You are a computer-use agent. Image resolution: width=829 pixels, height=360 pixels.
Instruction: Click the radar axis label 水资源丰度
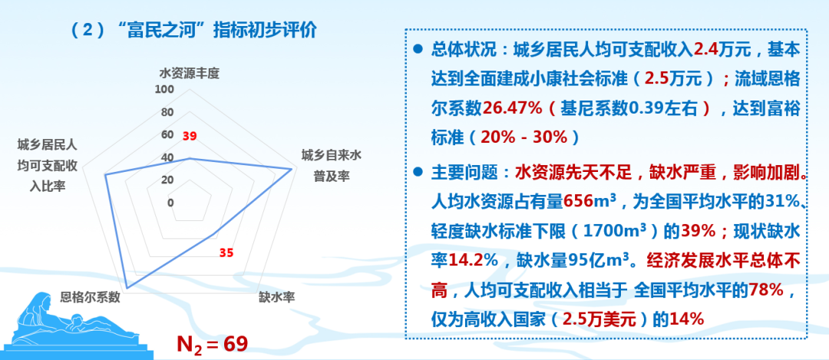[x=190, y=74]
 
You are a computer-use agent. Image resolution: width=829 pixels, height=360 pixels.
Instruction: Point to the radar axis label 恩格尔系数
[x=91, y=296]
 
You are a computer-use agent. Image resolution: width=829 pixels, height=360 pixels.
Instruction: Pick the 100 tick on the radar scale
[x=164, y=90]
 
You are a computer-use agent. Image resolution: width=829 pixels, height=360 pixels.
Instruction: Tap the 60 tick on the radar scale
[x=167, y=135]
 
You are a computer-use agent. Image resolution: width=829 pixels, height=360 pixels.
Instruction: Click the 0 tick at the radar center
[x=170, y=203]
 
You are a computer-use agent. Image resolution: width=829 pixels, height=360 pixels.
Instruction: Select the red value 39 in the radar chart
[x=190, y=137]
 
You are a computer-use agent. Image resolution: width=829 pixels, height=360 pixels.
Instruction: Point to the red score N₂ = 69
[x=213, y=343]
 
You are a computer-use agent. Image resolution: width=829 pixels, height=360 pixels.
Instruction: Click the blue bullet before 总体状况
[x=418, y=48]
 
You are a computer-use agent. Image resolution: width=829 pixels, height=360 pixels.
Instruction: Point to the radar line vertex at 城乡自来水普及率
[x=292, y=170]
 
